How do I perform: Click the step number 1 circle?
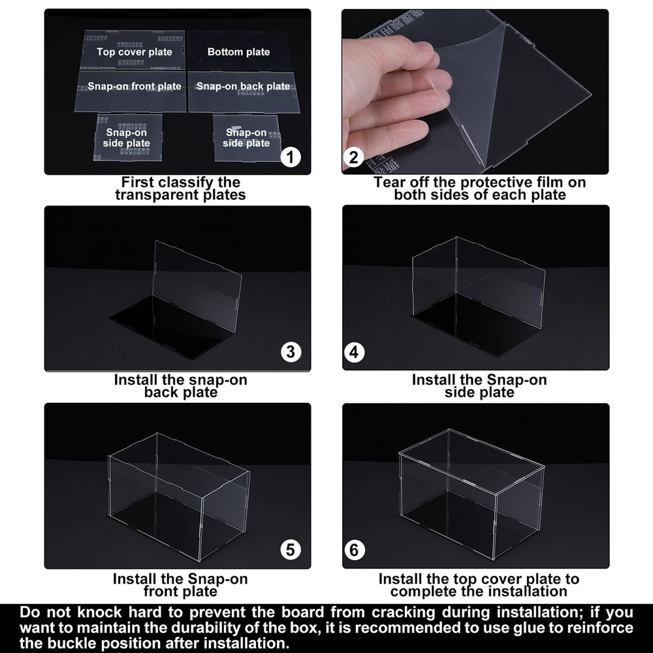tap(291, 157)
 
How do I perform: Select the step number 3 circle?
tap(291, 353)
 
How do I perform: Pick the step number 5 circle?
tap(291, 550)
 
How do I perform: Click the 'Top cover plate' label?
tap(135, 52)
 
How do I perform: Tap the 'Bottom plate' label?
tap(238, 52)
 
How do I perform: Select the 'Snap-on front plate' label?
tap(129, 86)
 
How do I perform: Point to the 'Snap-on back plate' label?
tap(243, 86)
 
